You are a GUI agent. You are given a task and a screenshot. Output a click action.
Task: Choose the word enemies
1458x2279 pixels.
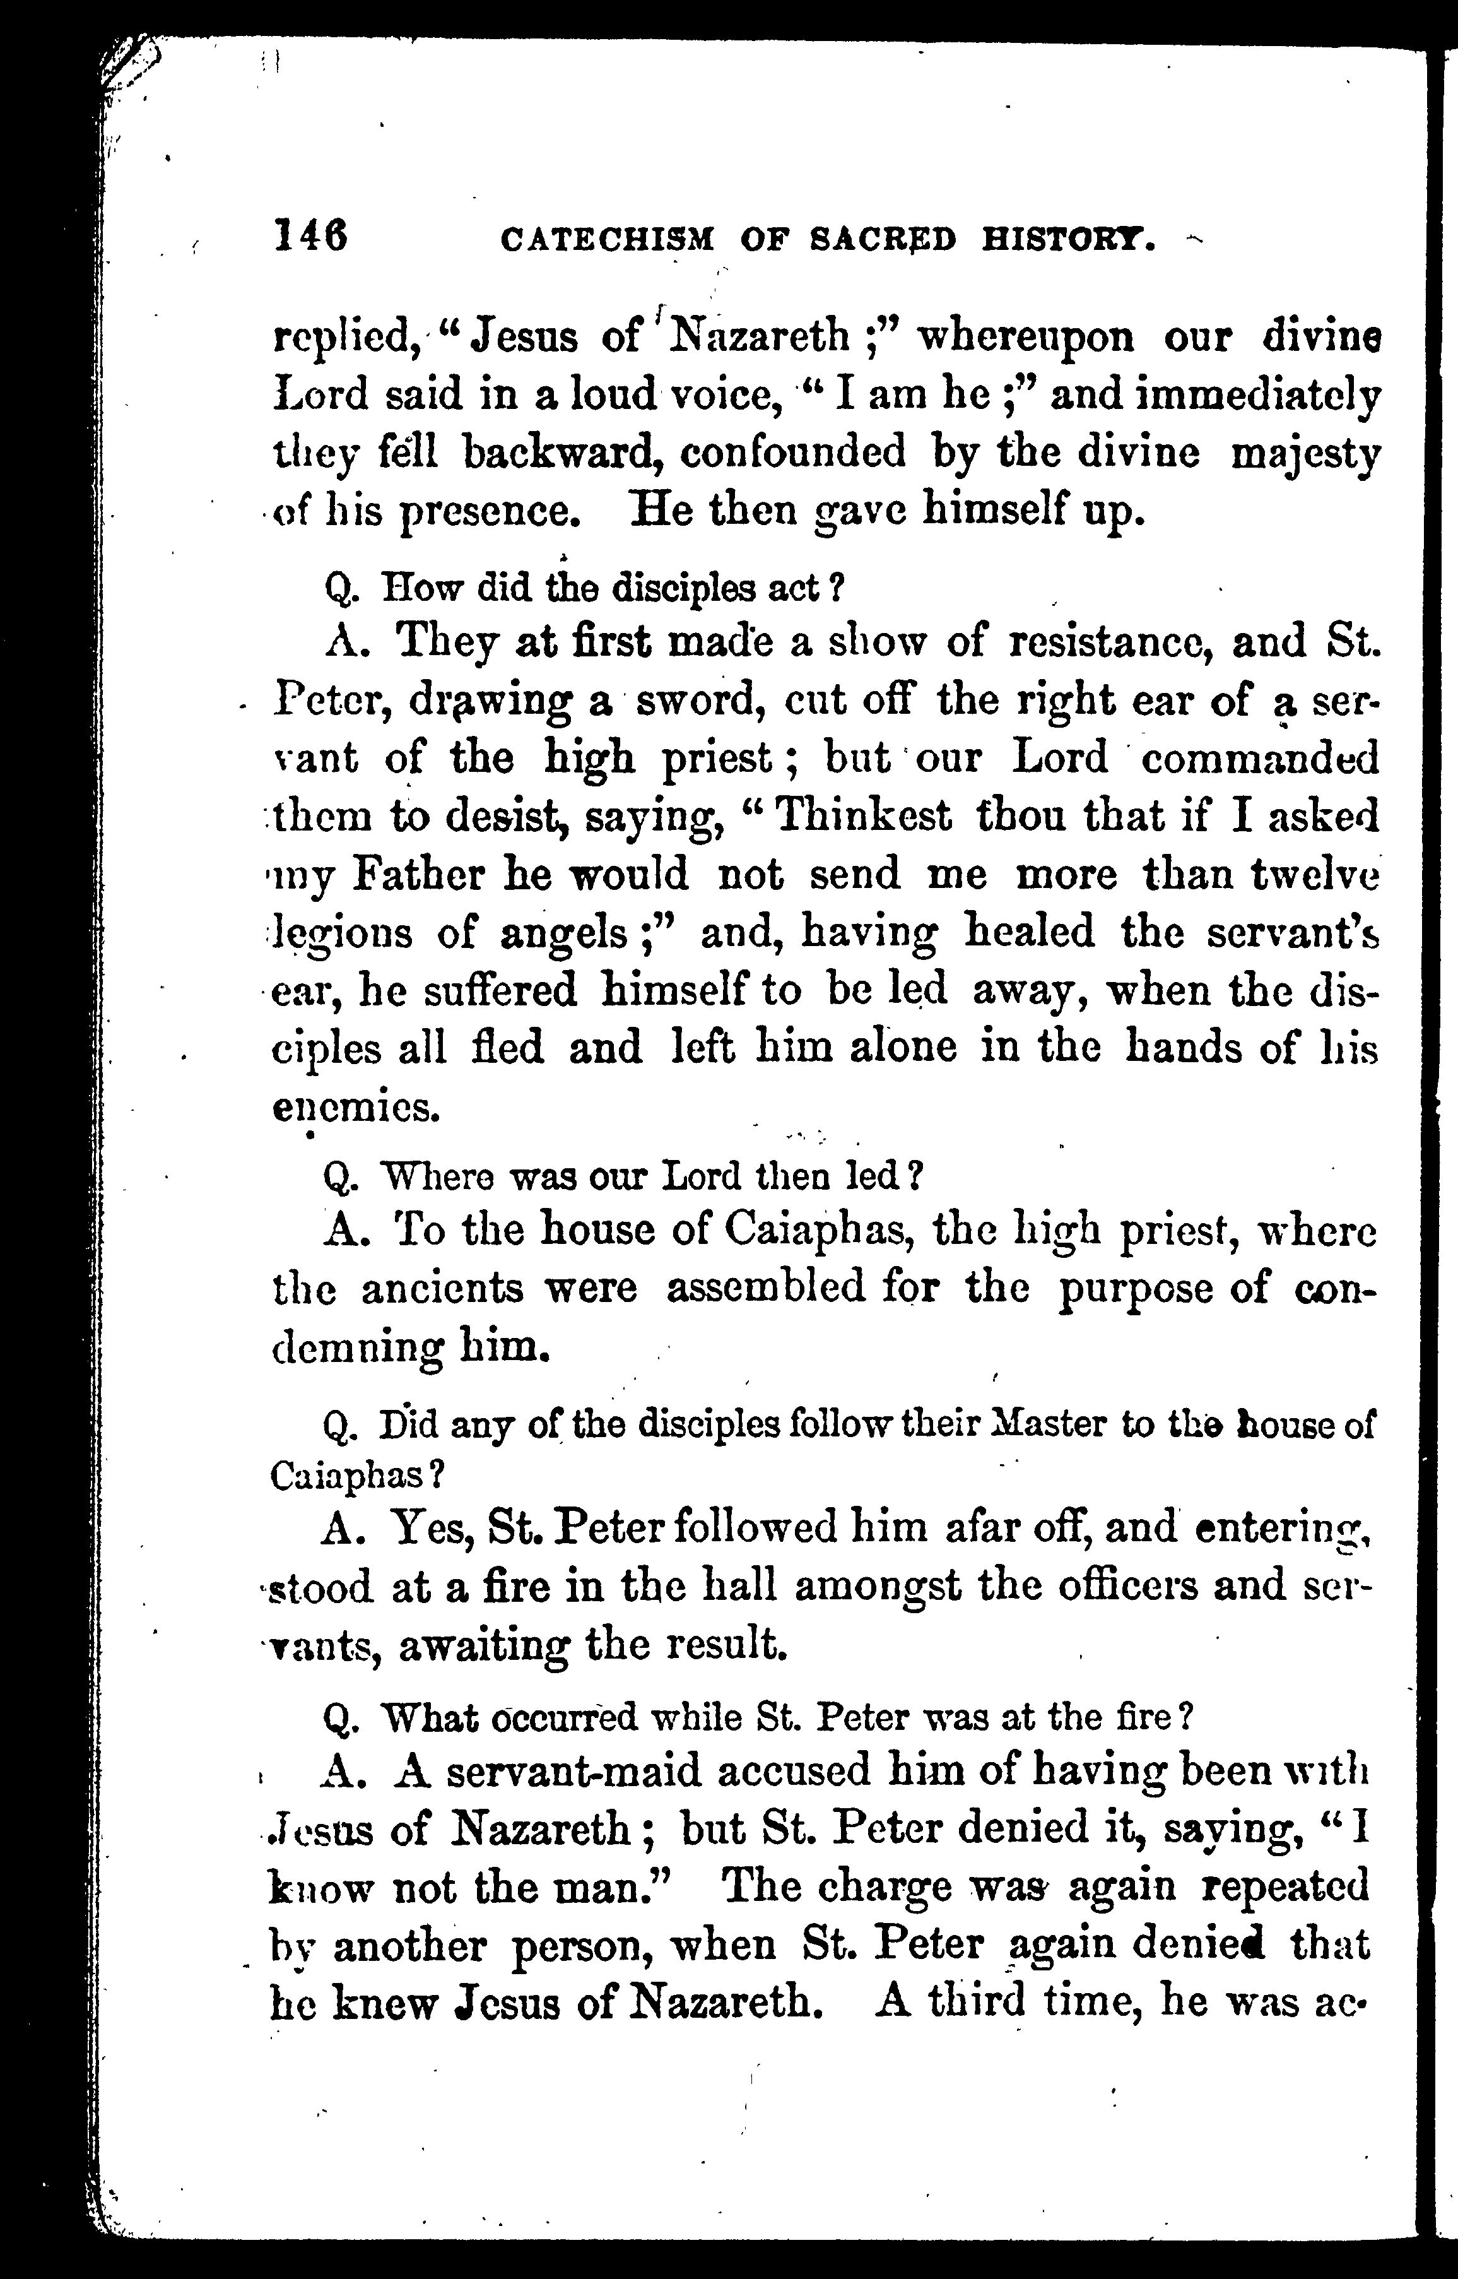(356, 1108)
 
